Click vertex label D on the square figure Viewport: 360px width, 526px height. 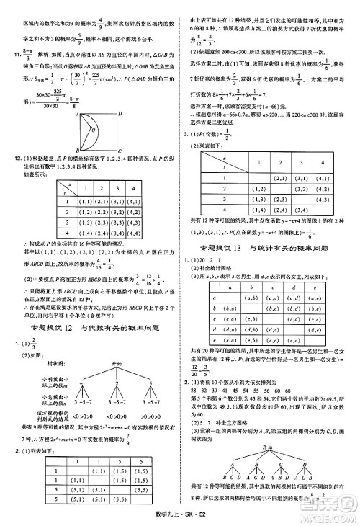click(121, 112)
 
